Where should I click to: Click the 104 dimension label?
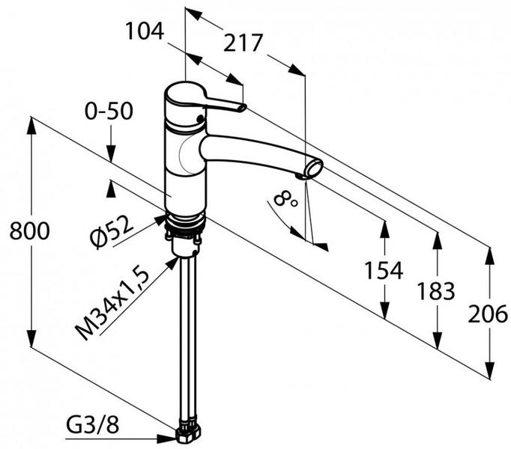point(145,31)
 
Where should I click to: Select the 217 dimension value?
point(243,43)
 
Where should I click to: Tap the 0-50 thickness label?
point(109,111)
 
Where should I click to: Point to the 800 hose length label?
point(30,230)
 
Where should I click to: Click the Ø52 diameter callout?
point(112,232)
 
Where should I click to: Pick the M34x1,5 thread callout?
point(112,304)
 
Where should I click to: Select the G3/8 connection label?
point(93,424)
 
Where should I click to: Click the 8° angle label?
point(285,199)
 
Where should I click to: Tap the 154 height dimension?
point(384,271)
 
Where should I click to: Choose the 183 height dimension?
point(436,291)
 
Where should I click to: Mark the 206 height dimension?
point(488,314)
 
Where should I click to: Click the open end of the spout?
point(313,168)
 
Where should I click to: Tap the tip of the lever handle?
point(243,108)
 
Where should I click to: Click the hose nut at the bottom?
point(189,434)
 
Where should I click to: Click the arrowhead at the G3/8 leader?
point(167,439)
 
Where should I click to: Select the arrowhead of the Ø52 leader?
point(159,220)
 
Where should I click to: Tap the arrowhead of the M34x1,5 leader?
point(172,263)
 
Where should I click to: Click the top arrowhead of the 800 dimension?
point(31,126)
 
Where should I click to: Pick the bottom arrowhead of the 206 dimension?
point(490,370)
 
